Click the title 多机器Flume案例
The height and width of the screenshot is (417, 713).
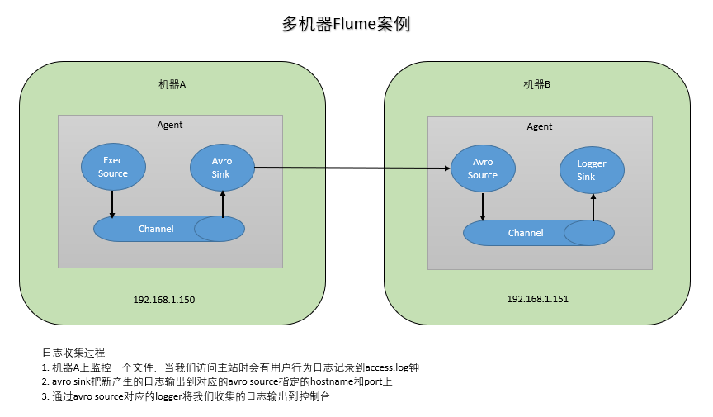tap(346, 25)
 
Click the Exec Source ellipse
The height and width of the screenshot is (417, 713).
tap(113, 168)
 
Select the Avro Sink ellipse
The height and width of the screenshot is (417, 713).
tap(221, 168)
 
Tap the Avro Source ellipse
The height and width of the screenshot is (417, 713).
tap(483, 169)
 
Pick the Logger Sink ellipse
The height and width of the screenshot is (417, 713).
tap(591, 170)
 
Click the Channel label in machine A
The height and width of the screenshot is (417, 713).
tap(156, 229)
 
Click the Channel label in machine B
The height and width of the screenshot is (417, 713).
tap(526, 233)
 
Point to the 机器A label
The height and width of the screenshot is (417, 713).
tap(172, 84)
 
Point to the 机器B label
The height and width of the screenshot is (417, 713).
tap(537, 84)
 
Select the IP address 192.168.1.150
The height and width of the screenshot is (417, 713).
tap(164, 299)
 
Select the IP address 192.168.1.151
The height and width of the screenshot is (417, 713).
tap(538, 298)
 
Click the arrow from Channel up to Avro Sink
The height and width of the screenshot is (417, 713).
tap(222, 204)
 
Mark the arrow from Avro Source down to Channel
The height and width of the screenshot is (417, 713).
tap(483, 206)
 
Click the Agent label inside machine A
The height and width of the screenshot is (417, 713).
tap(170, 125)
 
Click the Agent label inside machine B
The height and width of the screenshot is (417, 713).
tap(540, 126)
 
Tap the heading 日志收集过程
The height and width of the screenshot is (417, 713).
tap(73, 353)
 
